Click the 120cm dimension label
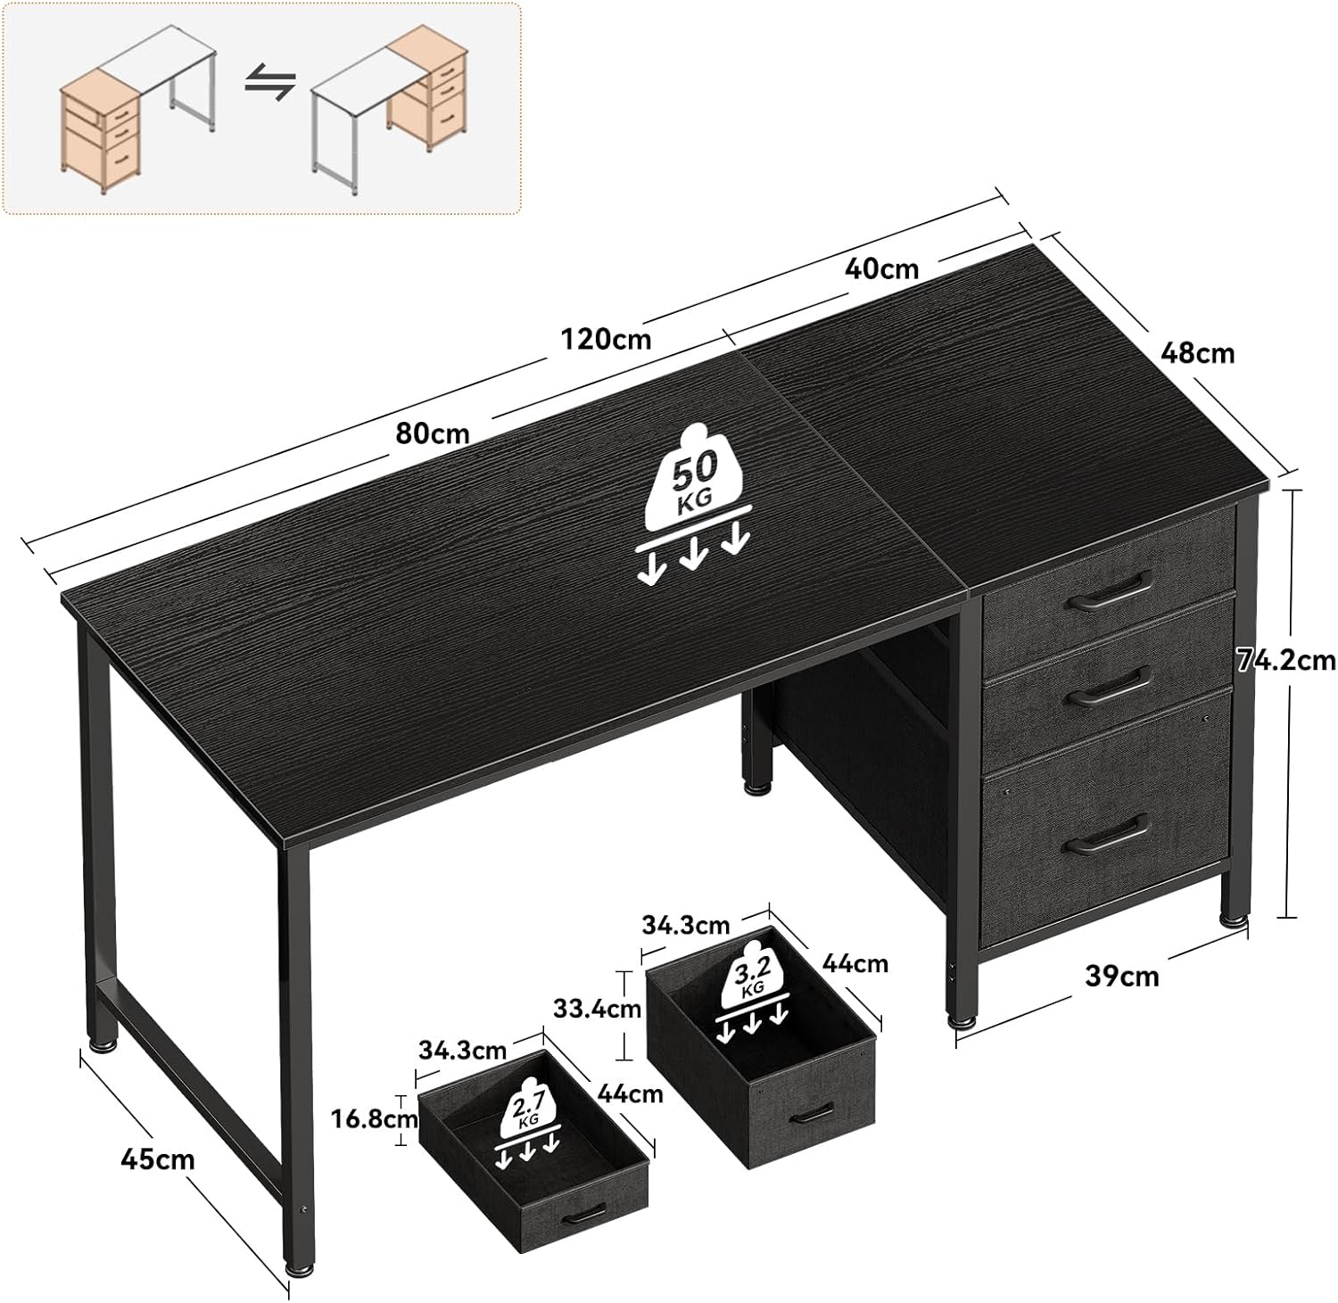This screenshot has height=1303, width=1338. pos(606,339)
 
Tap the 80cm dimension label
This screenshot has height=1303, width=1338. pos(433,433)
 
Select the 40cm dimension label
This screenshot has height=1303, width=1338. pos(881,268)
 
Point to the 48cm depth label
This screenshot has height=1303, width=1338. pos(1197,353)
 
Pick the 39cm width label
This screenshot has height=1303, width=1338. pos(1122,976)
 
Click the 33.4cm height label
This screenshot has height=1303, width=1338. pos(597,1009)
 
